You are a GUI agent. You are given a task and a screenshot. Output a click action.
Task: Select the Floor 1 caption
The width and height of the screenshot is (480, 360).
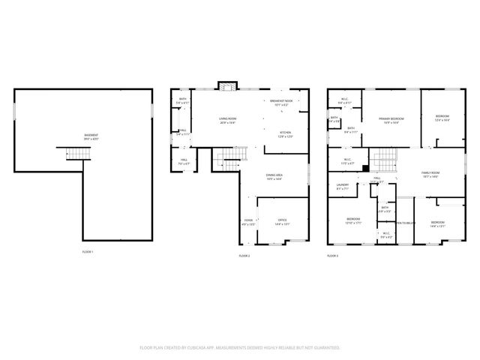coord(88,253)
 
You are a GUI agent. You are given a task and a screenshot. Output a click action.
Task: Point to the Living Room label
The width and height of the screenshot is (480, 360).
coord(227,119)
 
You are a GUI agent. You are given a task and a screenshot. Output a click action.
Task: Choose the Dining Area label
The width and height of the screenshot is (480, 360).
coord(274,177)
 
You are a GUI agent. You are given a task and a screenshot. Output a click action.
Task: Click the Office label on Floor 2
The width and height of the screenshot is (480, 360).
coord(282,222)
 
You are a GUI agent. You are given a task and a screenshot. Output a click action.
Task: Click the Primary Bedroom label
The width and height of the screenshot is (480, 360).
coord(391,120)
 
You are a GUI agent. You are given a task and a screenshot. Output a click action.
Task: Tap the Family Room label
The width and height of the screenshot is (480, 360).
coord(430,174)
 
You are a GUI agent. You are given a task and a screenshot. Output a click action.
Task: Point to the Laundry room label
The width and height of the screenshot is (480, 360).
coord(343,187)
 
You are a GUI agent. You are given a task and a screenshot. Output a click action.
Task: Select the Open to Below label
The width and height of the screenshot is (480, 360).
coord(406,223)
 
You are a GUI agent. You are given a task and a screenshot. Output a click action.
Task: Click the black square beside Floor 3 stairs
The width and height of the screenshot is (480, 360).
coord(365,169)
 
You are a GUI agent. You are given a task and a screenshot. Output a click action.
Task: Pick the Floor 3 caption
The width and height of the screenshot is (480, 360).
coord(332,256)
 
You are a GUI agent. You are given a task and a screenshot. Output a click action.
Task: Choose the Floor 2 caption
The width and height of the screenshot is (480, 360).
coord(244,256)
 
